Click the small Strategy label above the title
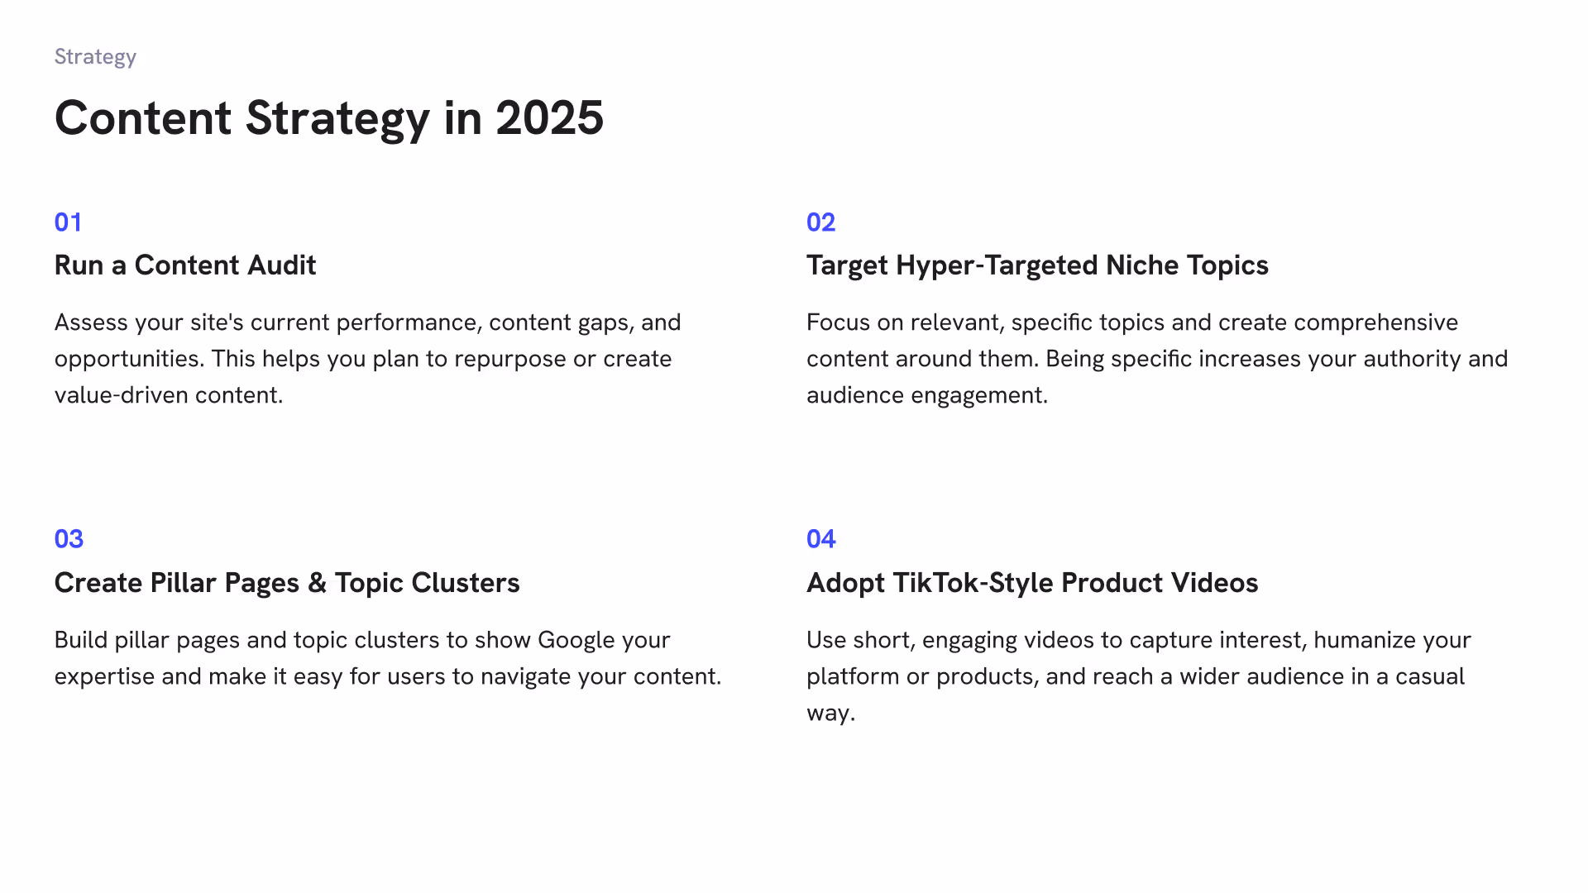tap(95, 57)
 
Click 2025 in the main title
tap(549, 118)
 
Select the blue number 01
tap(68, 222)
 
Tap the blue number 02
tap(820, 222)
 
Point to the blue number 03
tap(69, 539)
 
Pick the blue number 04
tap(820, 539)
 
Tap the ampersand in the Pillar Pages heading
tap(317, 583)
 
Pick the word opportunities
tap(129, 360)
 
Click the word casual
tap(1430, 676)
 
